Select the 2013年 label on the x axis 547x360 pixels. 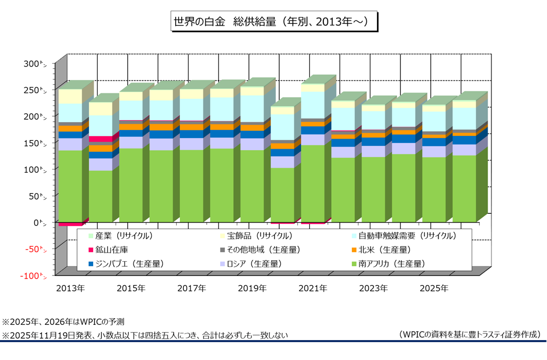(70, 288)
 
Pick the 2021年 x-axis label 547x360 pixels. (313, 288)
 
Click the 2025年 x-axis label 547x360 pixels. (434, 288)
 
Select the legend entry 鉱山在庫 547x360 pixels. (113, 250)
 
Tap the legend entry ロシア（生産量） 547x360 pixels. (253, 264)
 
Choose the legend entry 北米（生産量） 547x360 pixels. (385, 250)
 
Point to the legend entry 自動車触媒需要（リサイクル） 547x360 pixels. (407, 236)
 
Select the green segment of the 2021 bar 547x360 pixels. (313, 183)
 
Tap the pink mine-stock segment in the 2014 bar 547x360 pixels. (100, 139)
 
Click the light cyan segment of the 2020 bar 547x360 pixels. (282, 127)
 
